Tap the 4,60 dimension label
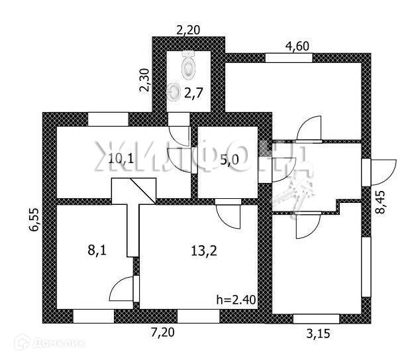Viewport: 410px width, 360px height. (x=297, y=46)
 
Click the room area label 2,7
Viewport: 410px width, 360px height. (x=193, y=93)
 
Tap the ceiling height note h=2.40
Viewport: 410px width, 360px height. (x=236, y=300)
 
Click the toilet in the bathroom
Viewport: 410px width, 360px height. (x=189, y=64)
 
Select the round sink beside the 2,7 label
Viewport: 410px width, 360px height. (x=174, y=91)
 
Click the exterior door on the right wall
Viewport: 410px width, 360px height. (x=379, y=171)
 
